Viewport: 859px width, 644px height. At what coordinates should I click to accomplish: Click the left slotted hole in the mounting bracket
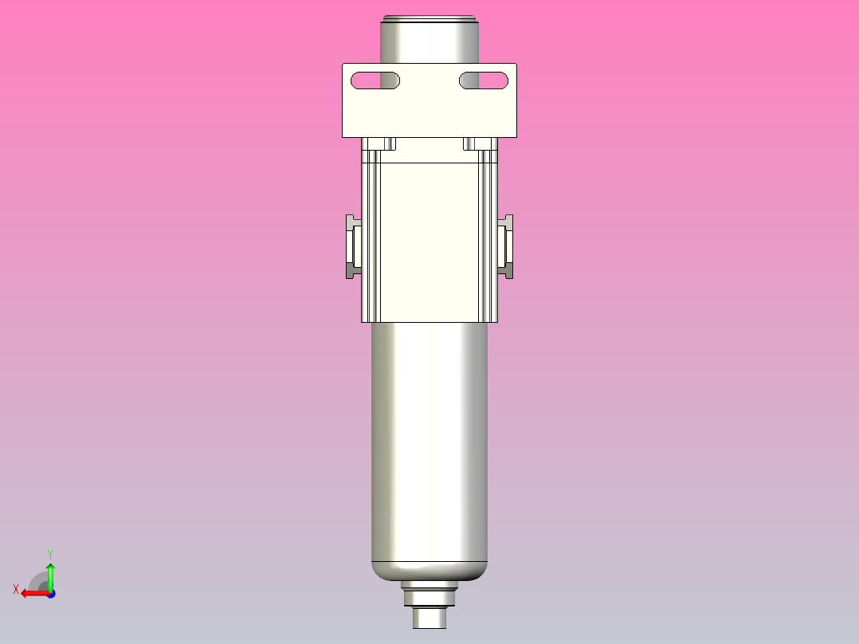point(375,80)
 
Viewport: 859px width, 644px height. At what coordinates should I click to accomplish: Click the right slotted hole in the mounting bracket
point(484,80)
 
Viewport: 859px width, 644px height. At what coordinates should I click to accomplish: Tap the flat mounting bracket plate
point(429,112)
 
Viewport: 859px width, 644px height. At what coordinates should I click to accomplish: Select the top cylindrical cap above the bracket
point(429,40)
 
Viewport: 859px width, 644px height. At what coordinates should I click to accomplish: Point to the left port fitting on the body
point(353,247)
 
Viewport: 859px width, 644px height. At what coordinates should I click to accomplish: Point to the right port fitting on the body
point(505,247)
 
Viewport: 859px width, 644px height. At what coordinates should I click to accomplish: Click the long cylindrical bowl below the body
point(429,438)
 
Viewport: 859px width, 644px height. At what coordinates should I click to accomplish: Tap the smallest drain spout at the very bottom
point(429,618)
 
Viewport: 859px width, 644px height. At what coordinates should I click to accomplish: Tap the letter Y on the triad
point(50,553)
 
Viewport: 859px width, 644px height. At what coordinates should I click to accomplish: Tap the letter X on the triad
point(16,589)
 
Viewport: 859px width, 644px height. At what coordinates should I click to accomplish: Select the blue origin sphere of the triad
point(50,593)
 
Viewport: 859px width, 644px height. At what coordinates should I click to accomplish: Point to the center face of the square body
point(429,239)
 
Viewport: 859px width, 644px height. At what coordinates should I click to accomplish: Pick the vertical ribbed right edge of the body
point(488,239)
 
